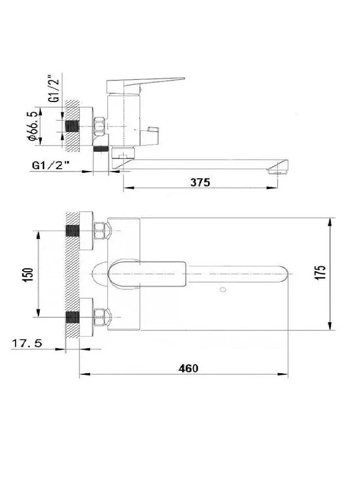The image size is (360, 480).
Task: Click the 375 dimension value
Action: pyautogui.click(x=200, y=182)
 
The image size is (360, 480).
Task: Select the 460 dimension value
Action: pyautogui.click(x=188, y=368)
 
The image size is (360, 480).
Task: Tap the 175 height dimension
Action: pyautogui.click(x=320, y=272)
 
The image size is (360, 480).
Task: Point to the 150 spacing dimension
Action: pyautogui.click(x=28, y=275)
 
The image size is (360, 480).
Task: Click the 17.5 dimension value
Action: pyautogui.click(x=26, y=343)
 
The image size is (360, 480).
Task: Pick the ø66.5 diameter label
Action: pyautogui.click(x=32, y=126)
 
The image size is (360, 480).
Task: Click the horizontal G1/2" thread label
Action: pyautogui.click(x=50, y=166)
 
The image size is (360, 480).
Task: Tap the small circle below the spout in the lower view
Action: pyautogui.click(x=223, y=289)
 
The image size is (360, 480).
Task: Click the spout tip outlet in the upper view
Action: pyautogui.click(x=278, y=172)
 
